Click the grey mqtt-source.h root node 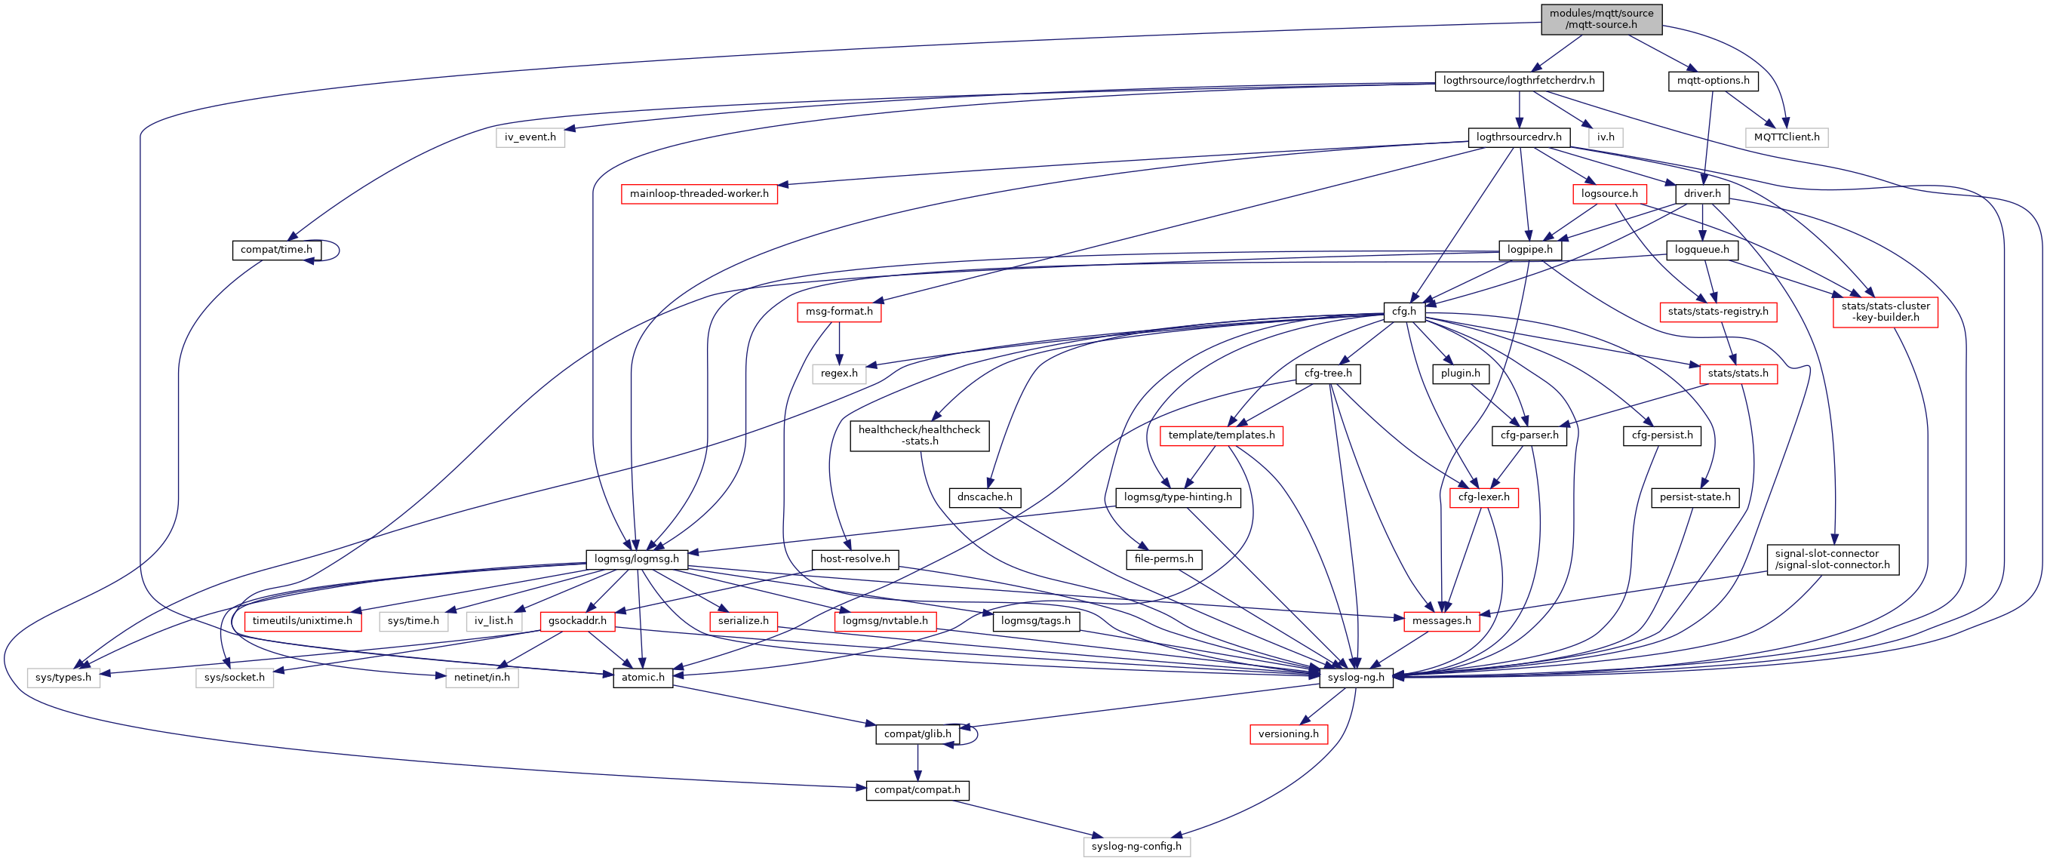1600,18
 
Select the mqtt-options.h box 1713,80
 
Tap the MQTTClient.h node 1787,137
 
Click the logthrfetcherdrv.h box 1519,80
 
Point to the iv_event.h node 530,137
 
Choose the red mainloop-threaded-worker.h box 699,193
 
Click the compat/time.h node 275,250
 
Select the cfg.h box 1403,311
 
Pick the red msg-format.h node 838,311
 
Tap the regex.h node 838,373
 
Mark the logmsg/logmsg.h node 636,559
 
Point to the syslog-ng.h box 1356,678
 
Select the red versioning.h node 1287,733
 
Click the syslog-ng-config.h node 1136,846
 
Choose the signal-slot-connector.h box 1832,559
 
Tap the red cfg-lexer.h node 1483,497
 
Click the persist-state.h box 1694,497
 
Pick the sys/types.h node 63,678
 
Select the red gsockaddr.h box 577,620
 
